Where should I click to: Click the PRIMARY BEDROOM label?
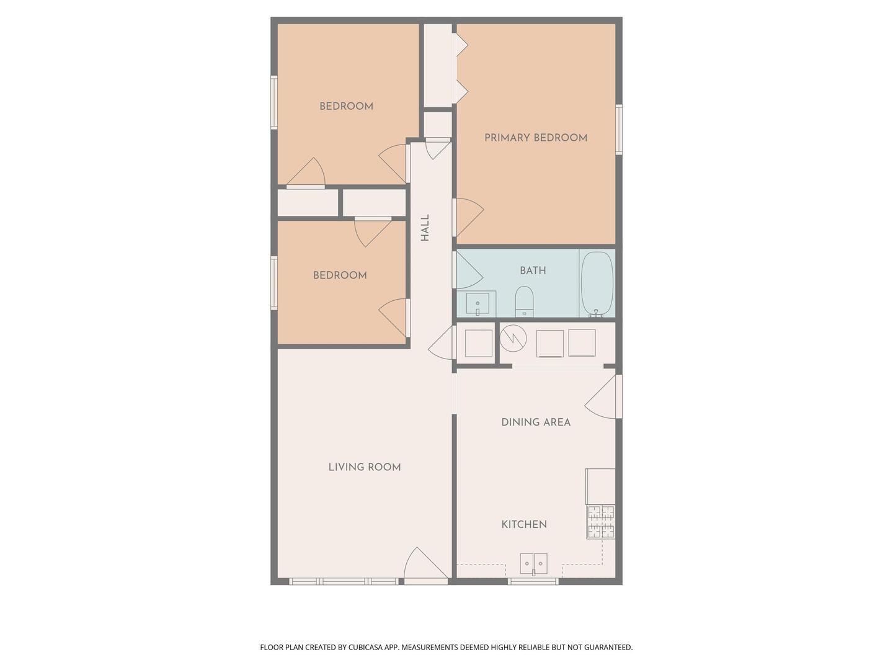(x=535, y=138)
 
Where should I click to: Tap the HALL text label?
(x=425, y=228)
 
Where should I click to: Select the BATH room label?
(x=533, y=270)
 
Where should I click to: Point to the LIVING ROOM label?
(x=365, y=467)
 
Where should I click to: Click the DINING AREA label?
(x=536, y=422)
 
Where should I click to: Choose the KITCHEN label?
(x=524, y=524)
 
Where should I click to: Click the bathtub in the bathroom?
(x=597, y=284)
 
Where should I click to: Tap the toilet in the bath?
(x=524, y=301)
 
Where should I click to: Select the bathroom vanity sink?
(x=478, y=304)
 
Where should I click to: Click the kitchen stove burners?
(x=600, y=522)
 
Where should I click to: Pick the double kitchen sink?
(x=533, y=564)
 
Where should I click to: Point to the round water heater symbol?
(x=513, y=338)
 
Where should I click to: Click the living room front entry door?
(x=426, y=566)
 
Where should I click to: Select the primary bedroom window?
(x=619, y=130)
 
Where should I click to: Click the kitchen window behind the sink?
(x=533, y=581)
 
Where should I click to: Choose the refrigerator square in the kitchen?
(x=600, y=486)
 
